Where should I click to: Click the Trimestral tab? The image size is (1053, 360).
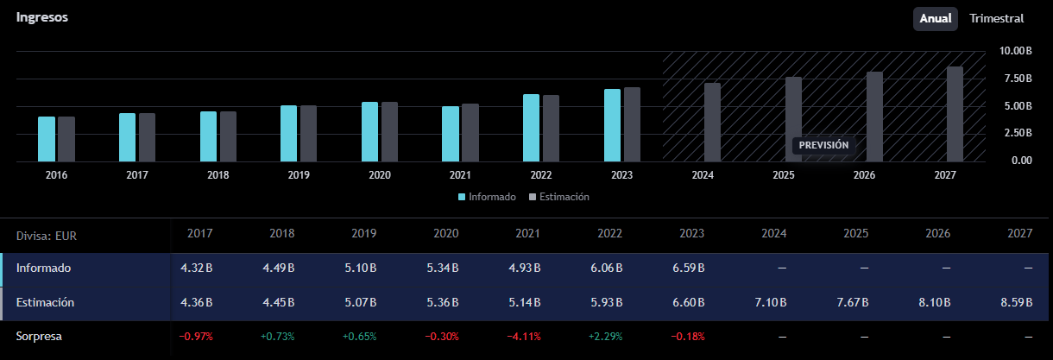tap(996, 19)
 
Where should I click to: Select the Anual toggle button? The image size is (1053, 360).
tap(936, 19)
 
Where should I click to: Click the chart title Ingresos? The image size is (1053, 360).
tap(41, 17)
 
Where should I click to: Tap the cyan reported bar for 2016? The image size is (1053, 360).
tap(47, 139)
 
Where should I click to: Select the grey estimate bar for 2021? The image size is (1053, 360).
tap(470, 133)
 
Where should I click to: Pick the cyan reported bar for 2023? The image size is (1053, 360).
tap(612, 125)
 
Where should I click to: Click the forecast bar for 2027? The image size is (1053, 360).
tap(955, 114)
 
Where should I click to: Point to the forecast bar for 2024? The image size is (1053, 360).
tap(712, 123)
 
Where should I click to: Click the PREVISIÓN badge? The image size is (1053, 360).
tap(823, 145)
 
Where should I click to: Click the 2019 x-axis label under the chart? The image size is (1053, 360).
tap(299, 175)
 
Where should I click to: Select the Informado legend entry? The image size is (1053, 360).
tap(487, 197)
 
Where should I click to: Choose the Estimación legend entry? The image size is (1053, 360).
tap(559, 197)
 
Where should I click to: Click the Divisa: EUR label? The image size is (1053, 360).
tap(46, 236)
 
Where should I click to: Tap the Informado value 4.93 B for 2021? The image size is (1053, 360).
tap(525, 268)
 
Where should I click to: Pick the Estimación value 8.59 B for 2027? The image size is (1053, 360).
tap(1017, 302)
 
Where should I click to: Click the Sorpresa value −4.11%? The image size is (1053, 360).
tap(524, 337)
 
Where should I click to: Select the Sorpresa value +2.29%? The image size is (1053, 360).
tap(606, 337)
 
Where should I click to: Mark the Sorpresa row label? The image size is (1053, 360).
tap(39, 337)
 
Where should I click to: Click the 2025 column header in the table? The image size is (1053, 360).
tap(855, 234)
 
